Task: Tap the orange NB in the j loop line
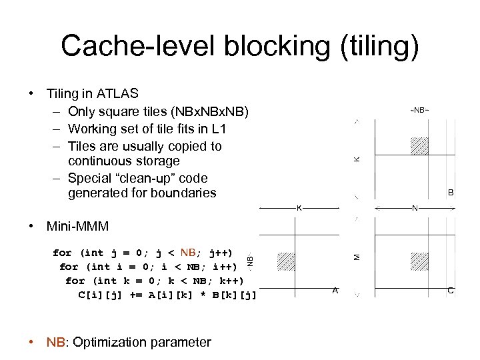(189, 253)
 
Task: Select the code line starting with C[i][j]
(167, 295)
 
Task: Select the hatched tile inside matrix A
(285, 261)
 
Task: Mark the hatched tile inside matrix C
(419, 261)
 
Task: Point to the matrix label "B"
(451, 192)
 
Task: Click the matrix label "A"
(335, 290)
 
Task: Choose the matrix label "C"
(451, 290)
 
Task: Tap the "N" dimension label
(415, 208)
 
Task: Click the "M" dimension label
(357, 256)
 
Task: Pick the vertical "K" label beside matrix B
(357, 159)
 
